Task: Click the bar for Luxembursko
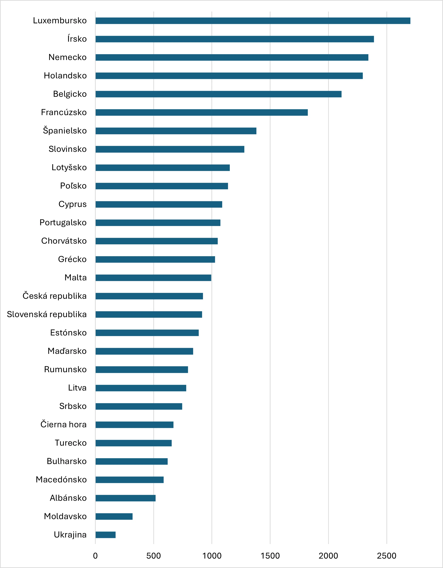click(253, 21)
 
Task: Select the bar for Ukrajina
click(105, 535)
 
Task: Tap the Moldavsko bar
click(114, 517)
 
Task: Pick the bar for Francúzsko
click(202, 112)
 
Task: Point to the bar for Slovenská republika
click(149, 315)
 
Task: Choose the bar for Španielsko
click(176, 131)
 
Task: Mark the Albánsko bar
click(125, 498)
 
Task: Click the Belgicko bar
click(219, 94)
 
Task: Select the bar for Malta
click(153, 278)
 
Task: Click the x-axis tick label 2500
click(386, 556)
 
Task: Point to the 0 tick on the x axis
click(95, 556)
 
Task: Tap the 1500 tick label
click(270, 556)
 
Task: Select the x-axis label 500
click(154, 556)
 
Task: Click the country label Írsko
click(77, 39)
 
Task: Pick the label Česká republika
click(55, 296)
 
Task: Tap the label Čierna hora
click(63, 424)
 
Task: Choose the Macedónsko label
click(61, 480)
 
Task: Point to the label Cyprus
click(72, 204)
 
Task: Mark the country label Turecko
click(71, 443)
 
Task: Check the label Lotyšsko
click(69, 168)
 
